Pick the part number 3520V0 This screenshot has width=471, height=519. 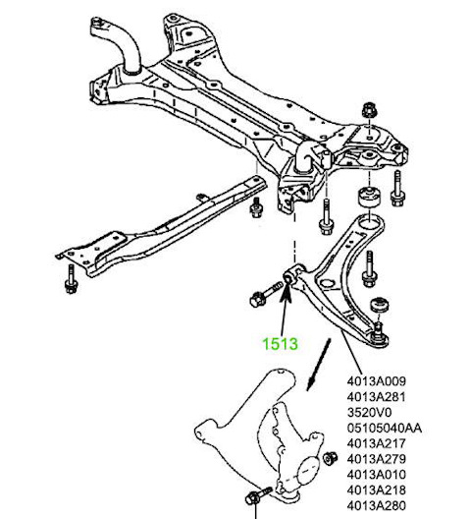click(370, 411)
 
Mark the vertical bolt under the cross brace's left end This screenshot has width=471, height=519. click(72, 278)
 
